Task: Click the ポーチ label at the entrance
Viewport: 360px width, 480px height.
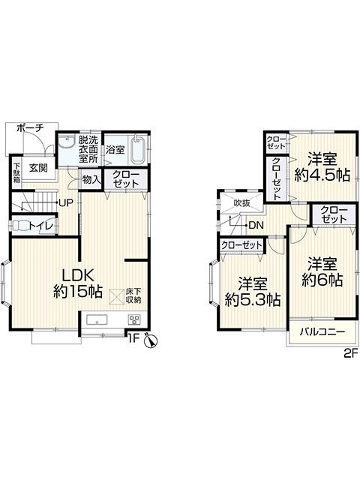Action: click(30, 128)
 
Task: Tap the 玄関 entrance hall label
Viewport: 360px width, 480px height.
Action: click(38, 168)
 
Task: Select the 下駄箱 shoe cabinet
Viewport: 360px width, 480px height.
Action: click(16, 172)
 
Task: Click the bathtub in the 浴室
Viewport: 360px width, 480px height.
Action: click(139, 150)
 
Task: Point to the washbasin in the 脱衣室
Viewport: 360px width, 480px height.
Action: click(67, 142)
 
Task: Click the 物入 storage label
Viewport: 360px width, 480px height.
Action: click(91, 180)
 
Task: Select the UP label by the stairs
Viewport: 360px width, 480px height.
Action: click(67, 203)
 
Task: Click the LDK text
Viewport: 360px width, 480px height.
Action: click(78, 275)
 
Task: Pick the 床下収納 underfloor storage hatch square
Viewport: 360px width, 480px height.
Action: click(117, 297)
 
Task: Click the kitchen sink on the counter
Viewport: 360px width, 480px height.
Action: click(97, 319)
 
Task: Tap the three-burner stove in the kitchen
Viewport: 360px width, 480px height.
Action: click(134, 319)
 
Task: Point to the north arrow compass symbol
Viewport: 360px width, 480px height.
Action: click(151, 340)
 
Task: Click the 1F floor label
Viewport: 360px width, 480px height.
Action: click(133, 338)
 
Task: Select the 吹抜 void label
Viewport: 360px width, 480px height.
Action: click(241, 202)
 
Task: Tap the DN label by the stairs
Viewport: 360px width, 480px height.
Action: click(256, 226)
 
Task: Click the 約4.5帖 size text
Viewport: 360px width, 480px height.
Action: click(322, 176)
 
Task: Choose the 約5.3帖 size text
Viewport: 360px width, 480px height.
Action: click(253, 300)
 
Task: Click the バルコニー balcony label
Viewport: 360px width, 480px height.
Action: click(322, 331)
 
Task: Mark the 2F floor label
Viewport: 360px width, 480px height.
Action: click(351, 354)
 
